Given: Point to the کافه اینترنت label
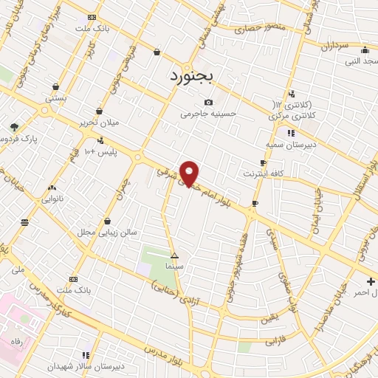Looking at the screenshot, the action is (x=264, y=173).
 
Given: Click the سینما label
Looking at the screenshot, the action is (x=174, y=264).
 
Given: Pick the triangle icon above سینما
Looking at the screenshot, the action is (x=174, y=255).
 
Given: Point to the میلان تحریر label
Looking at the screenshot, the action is (x=99, y=123).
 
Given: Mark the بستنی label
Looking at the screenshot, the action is (x=56, y=97).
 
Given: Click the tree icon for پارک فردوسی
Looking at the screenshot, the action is (x=14, y=127).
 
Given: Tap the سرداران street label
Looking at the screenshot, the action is (x=334, y=45).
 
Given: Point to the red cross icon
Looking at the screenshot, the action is (x=371, y=281).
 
